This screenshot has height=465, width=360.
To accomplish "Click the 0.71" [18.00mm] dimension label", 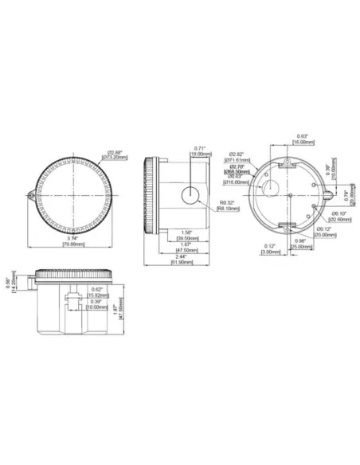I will [199, 151].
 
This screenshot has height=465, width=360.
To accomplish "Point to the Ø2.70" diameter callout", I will [237, 166].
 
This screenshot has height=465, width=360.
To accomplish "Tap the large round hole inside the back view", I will [272, 188].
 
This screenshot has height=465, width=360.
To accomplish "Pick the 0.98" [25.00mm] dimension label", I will [301, 244].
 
